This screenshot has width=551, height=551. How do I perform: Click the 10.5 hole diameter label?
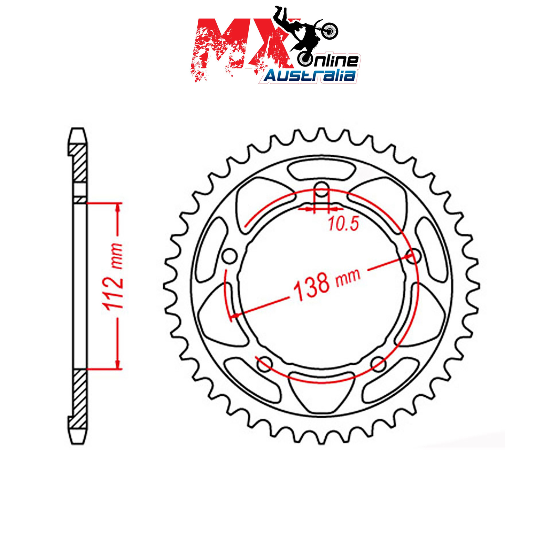click(x=343, y=223)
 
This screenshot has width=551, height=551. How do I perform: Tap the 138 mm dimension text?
click(x=326, y=284)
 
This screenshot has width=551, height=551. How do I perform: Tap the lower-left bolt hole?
click(x=264, y=364)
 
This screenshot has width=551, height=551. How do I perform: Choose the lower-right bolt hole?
click(x=379, y=364)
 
